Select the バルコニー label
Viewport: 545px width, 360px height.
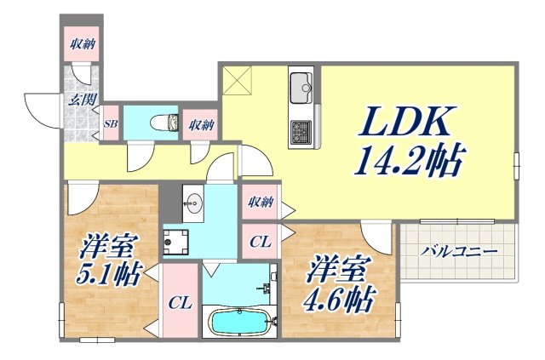pyautogui.click(x=459, y=252)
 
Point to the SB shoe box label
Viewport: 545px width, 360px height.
pyautogui.click(x=111, y=123)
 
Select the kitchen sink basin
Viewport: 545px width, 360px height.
pyautogui.click(x=301, y=86)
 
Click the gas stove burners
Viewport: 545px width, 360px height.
pyautogui.click(x=301, y=132)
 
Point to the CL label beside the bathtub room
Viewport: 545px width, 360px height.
pyautogui.click(x=179, y=302)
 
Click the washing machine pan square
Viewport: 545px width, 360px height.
pyautogui.click(x=177, y=244)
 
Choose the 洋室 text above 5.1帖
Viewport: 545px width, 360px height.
pyautogui.click(x=106, y=248)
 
